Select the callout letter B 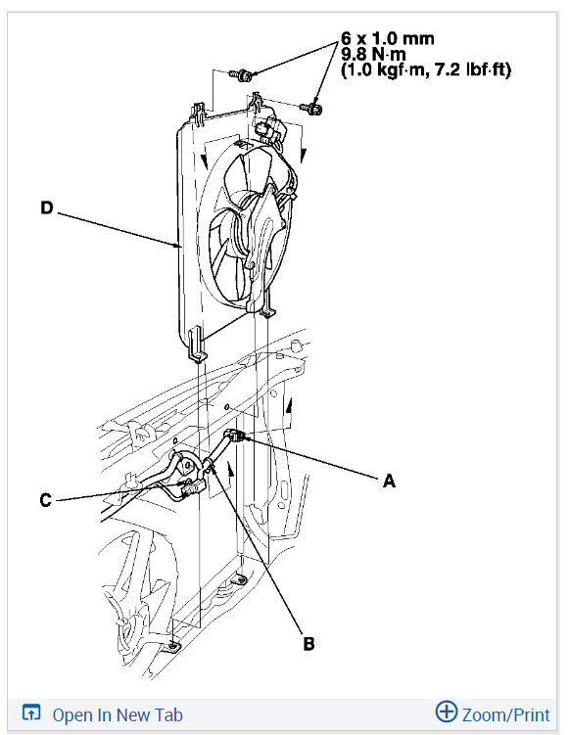coord(308,643)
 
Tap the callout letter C coord(46,500)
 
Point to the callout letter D coord(46,207)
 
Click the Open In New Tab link coord(118,714)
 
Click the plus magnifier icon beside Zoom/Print coord(447,712)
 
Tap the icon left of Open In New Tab coord(31,714)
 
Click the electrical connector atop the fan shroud coord(266,132)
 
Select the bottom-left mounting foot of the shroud coord(196,344)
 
